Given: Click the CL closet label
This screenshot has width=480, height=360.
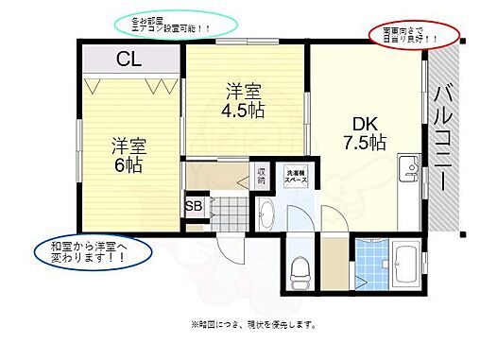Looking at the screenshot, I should (130, 60).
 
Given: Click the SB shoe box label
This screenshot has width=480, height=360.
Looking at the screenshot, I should (194, 207).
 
